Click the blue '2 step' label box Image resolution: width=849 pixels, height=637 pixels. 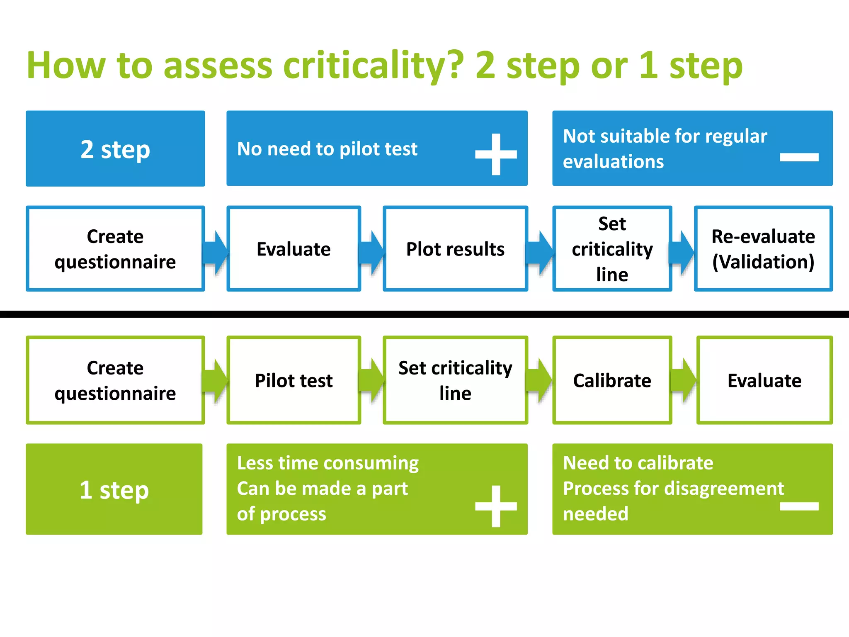coord(115,148)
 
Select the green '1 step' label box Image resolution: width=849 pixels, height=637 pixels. coord(114,489)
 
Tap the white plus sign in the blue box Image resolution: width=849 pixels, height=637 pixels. coord(496,154)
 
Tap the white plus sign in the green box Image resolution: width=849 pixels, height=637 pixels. coord(496,506)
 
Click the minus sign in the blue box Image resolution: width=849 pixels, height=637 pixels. coord(799,157)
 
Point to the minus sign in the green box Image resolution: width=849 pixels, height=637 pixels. coord(799,506)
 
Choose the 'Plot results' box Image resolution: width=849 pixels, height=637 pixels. coord(455,249)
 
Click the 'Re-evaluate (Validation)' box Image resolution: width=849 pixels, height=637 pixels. coord(763,249)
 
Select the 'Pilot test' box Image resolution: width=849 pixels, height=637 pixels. coord(294,380)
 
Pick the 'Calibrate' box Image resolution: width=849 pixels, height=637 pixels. coord(612,380)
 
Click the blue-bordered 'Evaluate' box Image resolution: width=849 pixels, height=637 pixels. coord(294,249)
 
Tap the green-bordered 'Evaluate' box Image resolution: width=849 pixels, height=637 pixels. coord(764,380)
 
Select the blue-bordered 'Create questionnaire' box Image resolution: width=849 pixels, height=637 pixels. coord(115,249)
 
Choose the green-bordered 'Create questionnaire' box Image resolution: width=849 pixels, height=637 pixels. coord(115,380)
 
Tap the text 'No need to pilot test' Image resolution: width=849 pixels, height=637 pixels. coord(327,148)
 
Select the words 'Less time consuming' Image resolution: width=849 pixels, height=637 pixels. coord(327,463)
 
